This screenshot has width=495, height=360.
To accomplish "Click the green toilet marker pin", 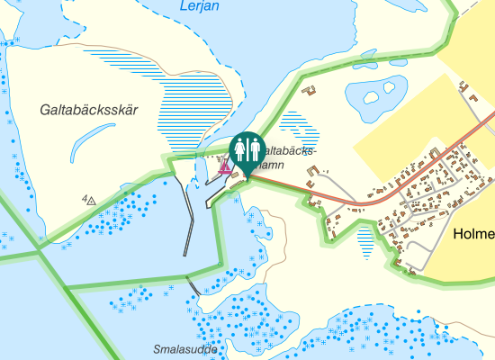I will [x=247, y=149].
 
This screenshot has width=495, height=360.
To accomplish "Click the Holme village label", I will [x=474, y=234].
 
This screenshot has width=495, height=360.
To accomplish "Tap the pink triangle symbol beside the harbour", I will [x=224, y=166].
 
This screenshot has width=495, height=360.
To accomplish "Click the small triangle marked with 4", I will [x=89, y=200].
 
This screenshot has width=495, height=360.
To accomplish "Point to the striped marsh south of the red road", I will [x=364, y=240].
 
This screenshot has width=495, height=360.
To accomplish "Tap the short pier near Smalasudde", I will [x=194, y=285].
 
